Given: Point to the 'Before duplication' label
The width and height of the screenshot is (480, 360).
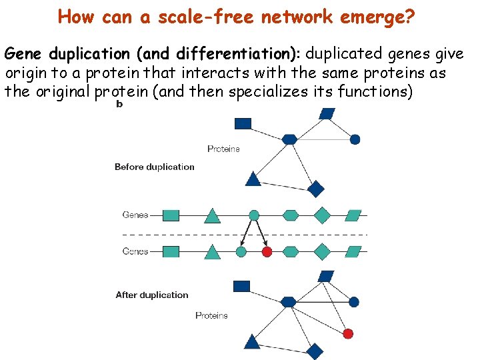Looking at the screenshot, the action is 155,167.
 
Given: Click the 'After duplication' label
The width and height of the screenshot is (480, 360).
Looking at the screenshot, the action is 152,295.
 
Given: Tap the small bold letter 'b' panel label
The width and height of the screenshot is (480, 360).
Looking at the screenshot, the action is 119,104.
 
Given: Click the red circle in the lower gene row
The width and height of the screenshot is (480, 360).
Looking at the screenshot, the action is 267,251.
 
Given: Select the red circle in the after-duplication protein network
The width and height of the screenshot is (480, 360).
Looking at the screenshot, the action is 347,333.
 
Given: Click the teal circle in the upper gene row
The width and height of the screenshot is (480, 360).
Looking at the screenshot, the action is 254,215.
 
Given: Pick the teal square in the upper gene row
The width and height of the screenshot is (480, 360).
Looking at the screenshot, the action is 171,215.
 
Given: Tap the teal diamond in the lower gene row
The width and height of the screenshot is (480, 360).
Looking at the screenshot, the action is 322,251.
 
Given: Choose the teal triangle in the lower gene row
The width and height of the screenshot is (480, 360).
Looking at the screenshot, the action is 212,251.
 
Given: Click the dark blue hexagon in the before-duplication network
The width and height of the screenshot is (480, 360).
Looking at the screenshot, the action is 289,139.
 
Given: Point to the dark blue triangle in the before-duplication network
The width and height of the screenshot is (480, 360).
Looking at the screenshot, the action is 253,178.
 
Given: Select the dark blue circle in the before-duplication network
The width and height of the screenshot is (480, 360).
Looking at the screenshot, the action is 355,139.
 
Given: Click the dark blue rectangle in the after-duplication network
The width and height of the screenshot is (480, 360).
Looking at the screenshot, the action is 241,286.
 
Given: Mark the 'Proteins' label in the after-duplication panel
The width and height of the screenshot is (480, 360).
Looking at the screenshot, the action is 211,315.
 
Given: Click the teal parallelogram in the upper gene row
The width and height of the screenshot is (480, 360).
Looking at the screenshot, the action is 354,215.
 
